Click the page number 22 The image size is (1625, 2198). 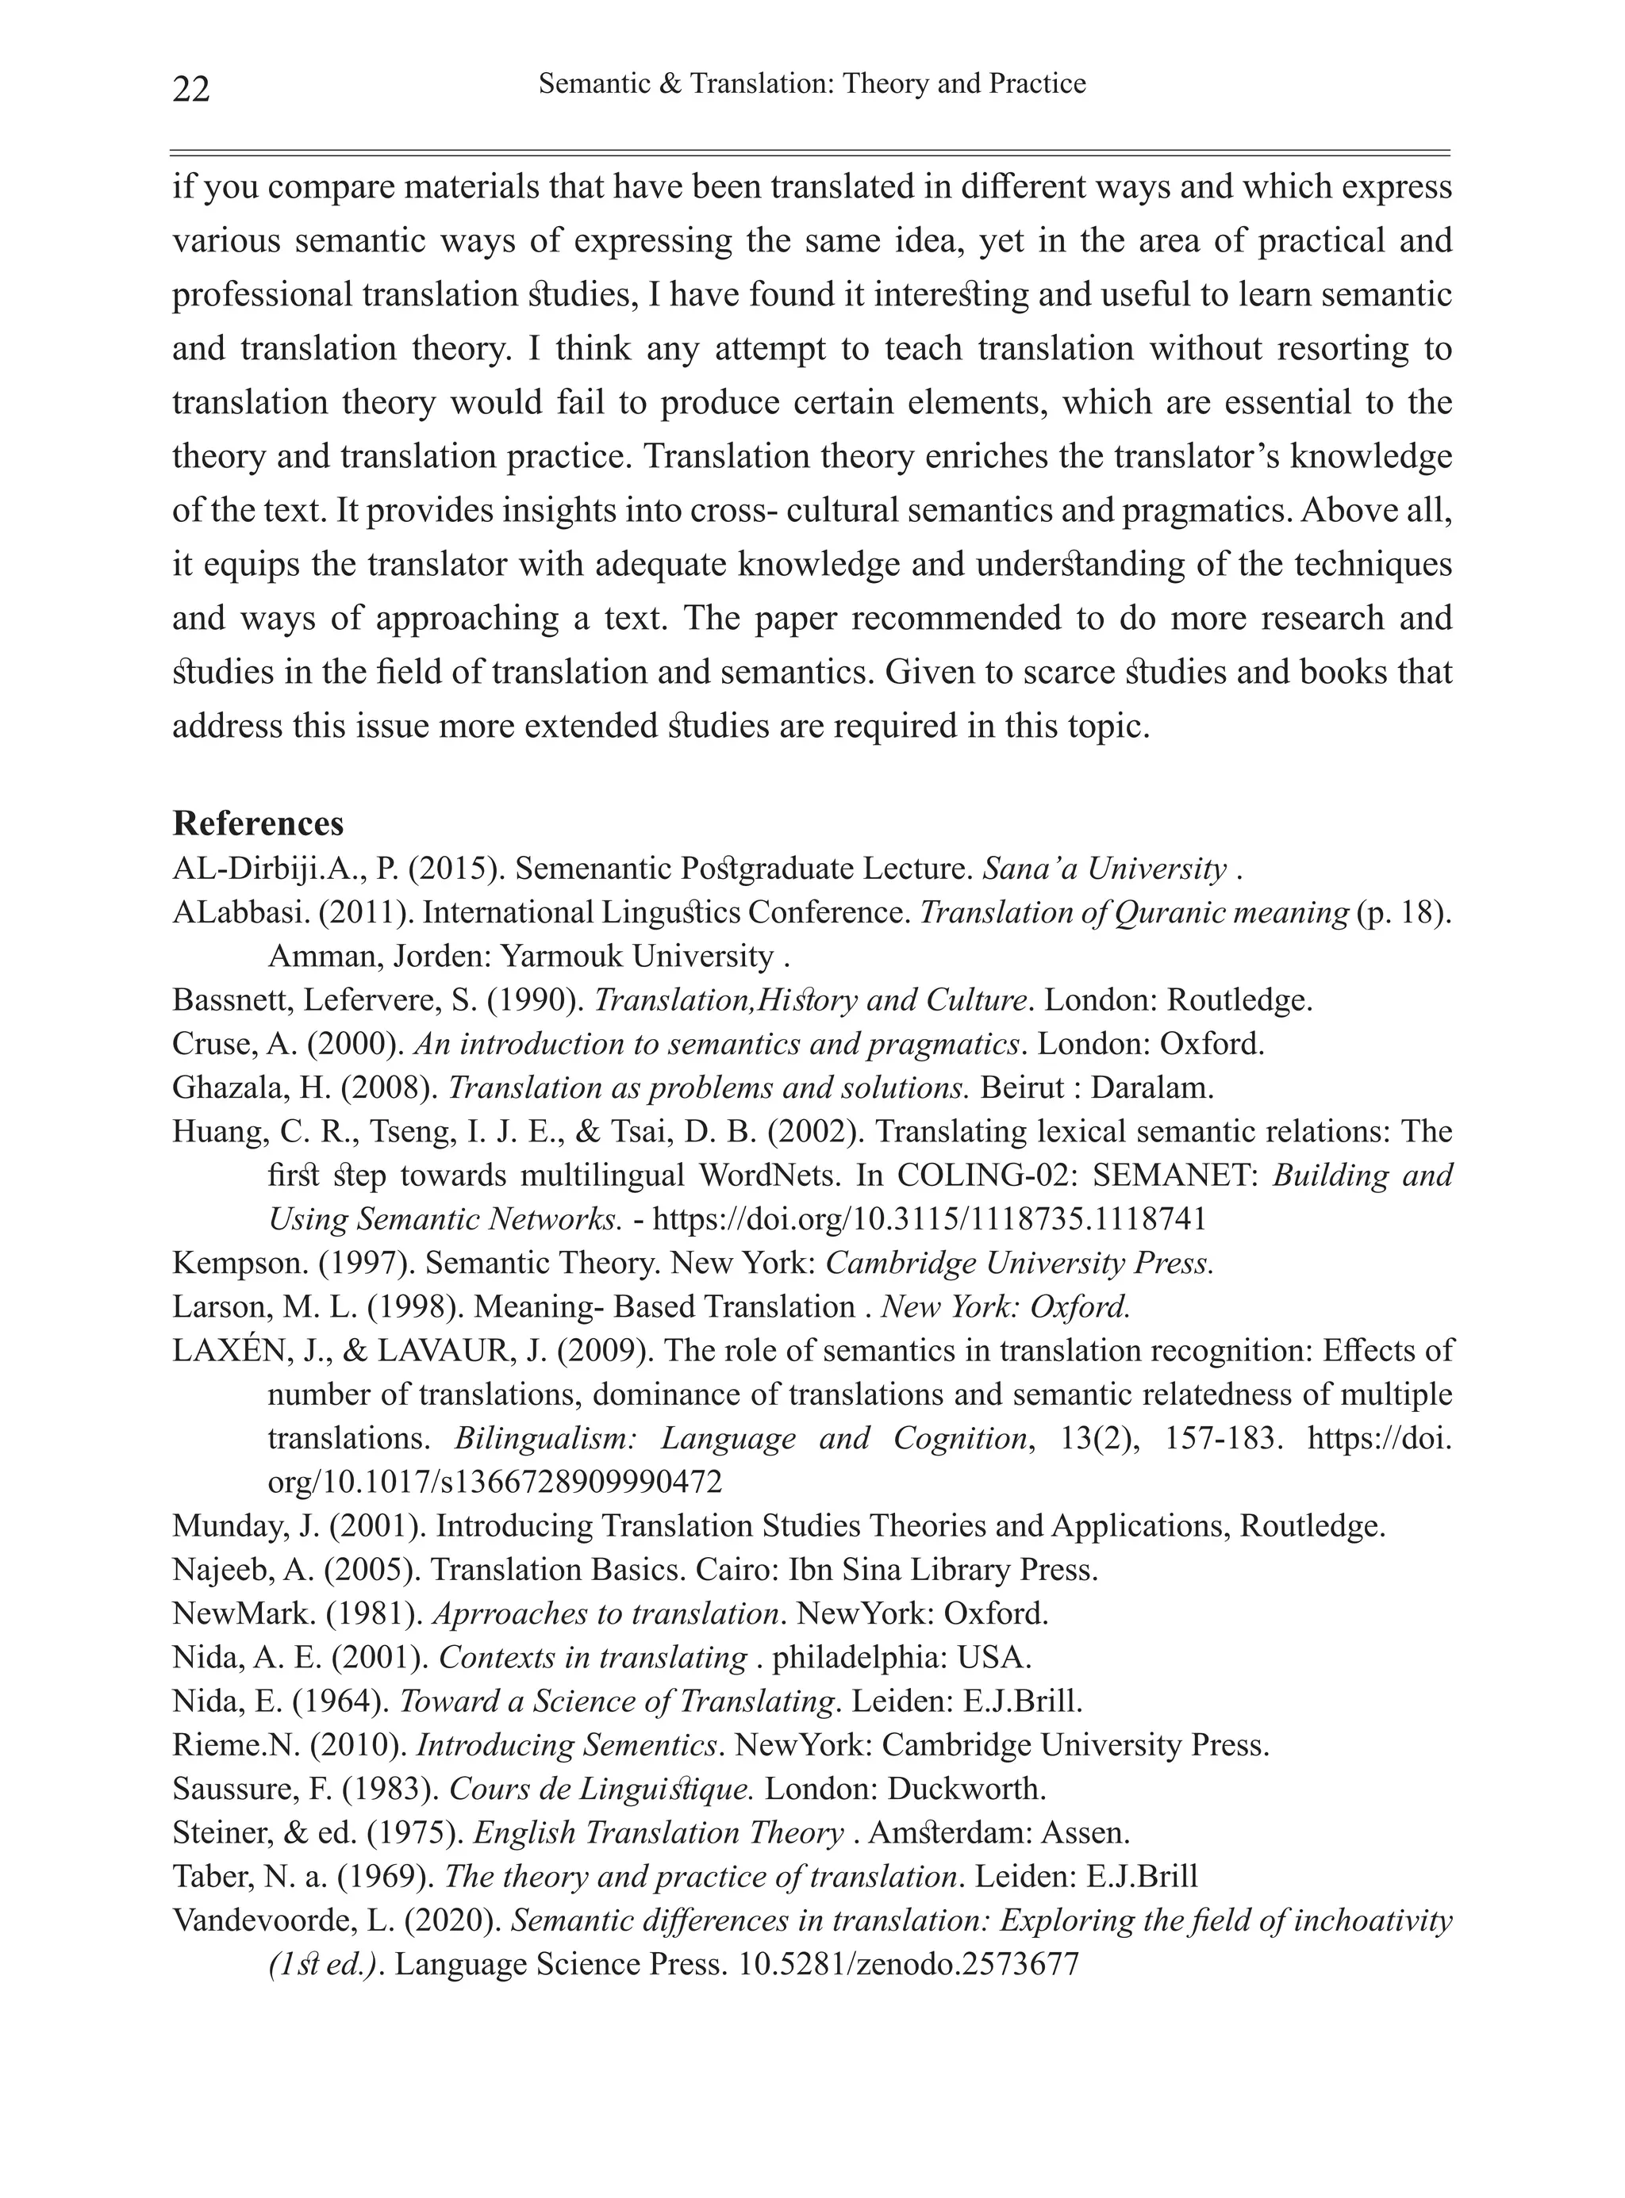tap(191, 90)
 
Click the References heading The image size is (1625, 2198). tap(258, 823)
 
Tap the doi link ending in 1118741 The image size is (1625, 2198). tap(928, 1219)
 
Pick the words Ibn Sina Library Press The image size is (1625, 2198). tap(943, 1571)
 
